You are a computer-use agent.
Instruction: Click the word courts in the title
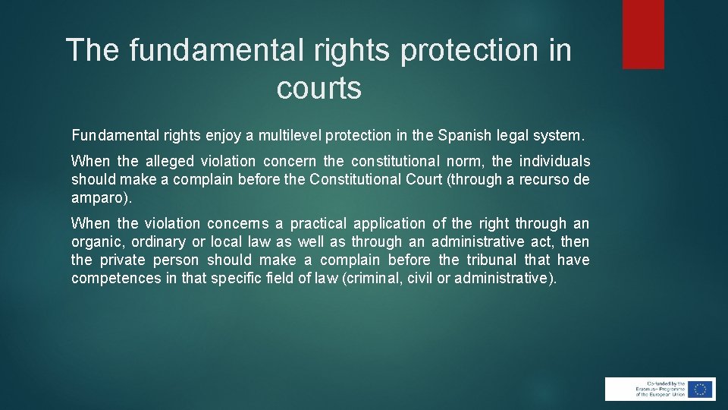pyautogui.click(x=318, y=89)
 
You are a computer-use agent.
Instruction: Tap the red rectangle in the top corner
pyautogui.click(x=643, y=34)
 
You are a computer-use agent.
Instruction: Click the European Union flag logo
pyautogui.click(x=701, y=389)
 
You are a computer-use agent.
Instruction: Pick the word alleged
pyautogui.click(x=170, y=162)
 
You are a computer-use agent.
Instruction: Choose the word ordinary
pyautogui.click(x=158, y=242)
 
